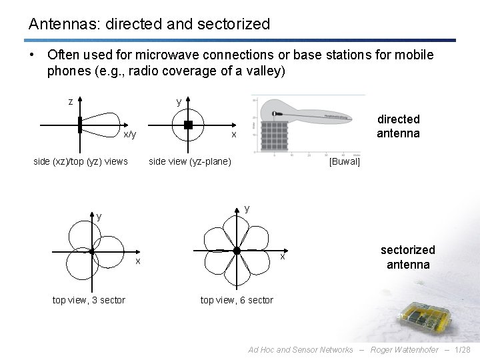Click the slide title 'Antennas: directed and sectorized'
pos(149,25)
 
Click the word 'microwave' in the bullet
pos(172,55)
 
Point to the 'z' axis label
pos(71,102)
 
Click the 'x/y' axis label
pos(130,135)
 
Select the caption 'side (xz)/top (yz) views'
pos(81,161)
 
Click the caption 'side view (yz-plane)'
pos(190,161)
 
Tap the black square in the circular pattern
pos(188,125)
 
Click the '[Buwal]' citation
pos(345,161)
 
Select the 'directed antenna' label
pos(398,126)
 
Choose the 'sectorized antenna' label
pos(407,257)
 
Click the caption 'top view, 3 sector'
pos(89,300)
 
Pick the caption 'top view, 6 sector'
pos(237,300)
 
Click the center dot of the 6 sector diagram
pos(237,251)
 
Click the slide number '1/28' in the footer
pos(463,350)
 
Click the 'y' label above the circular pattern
pos(179,102)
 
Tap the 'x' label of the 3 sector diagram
pos(138,261)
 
